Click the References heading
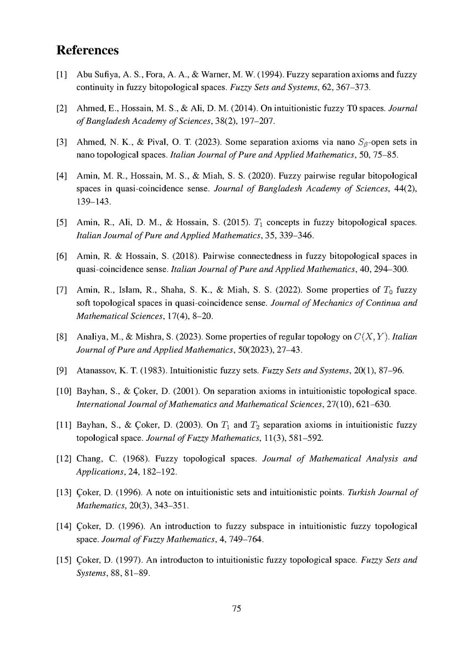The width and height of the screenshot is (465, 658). [88, 50]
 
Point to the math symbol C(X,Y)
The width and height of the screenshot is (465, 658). [374, 337]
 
